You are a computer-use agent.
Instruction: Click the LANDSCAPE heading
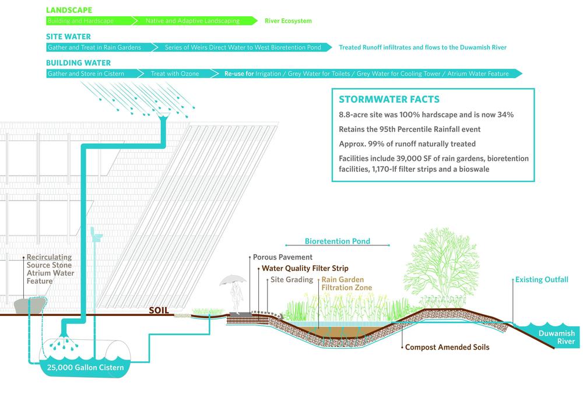pos(69,10)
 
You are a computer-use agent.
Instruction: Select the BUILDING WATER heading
pos(78,62)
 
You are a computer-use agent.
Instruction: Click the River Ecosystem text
pos(288,21)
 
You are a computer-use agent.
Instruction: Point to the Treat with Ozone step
pos(174,74)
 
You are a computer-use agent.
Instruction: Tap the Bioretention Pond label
pos(338,241)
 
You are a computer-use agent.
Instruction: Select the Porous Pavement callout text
pos(283,257)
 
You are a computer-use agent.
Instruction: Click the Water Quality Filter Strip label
pos(305,269)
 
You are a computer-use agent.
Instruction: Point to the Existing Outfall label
pos(542,280)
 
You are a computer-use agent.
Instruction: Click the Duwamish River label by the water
pos(556,337)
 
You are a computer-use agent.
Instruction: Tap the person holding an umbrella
pos(234,292)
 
